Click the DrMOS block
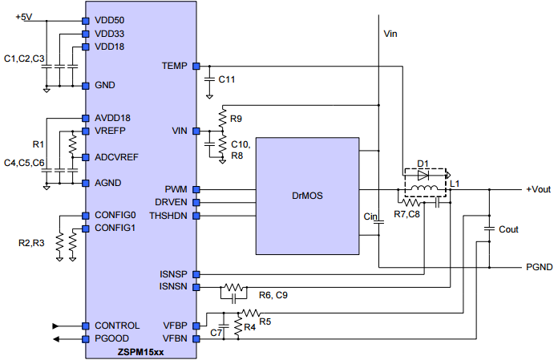307,196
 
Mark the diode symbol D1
424,173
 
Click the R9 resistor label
237,119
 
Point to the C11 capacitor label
227,79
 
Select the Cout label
508,229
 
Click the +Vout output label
538,190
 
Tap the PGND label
538,267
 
